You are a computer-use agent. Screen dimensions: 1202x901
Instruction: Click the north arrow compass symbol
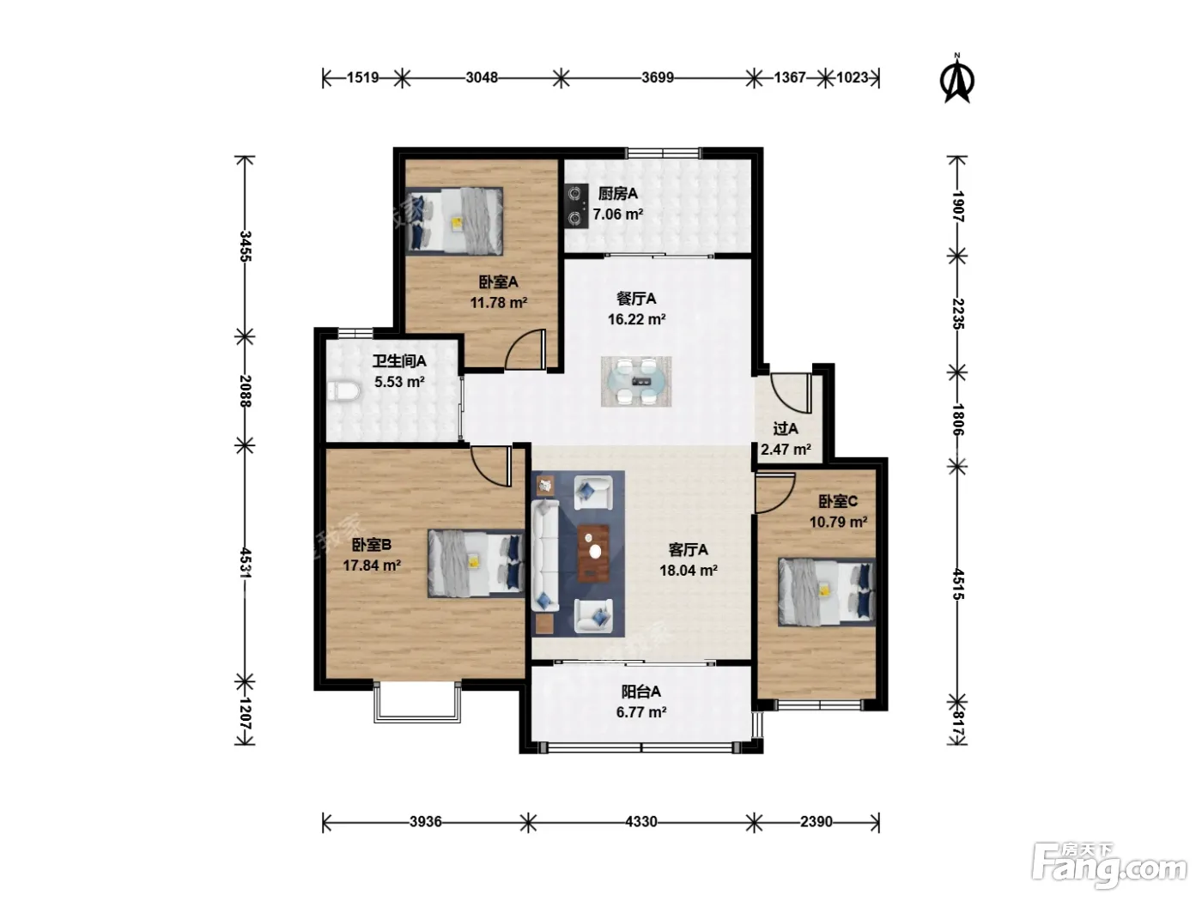click(x=956, y=80)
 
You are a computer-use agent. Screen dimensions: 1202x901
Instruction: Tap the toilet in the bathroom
click(x=343, y=391)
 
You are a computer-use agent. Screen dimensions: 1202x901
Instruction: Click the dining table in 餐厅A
click(x=636, y=381)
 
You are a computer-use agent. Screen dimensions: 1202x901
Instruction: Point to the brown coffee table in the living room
click(x=594, y=553)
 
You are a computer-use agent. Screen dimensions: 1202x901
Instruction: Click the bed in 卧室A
click(x=454, y=221)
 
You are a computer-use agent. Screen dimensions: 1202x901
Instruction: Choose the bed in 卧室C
click(x=827, y=592)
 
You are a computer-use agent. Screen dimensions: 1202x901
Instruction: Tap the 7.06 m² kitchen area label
click(x=617, y=214)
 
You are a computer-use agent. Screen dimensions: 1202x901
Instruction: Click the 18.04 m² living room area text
click(x=689, y=571)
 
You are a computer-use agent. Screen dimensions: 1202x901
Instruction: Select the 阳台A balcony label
click(x=640, y=692)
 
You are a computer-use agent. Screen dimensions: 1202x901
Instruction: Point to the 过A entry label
click(x=786, y=428)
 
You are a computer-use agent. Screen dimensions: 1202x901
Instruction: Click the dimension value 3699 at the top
click(x=658, y=78)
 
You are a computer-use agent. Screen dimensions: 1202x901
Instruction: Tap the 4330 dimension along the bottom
click(x=641, y=822)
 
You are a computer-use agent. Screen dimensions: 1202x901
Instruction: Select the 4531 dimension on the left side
click(x=245, y=563)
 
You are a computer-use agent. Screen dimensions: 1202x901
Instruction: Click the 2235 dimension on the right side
click(x=958, y=313)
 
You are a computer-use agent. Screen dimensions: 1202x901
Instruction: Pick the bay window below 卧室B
click(x=418, y=702)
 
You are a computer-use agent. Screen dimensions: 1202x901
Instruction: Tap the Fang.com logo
click(x=1109, y=869)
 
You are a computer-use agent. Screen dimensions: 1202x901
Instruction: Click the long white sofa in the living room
click(x=545, y=554)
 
